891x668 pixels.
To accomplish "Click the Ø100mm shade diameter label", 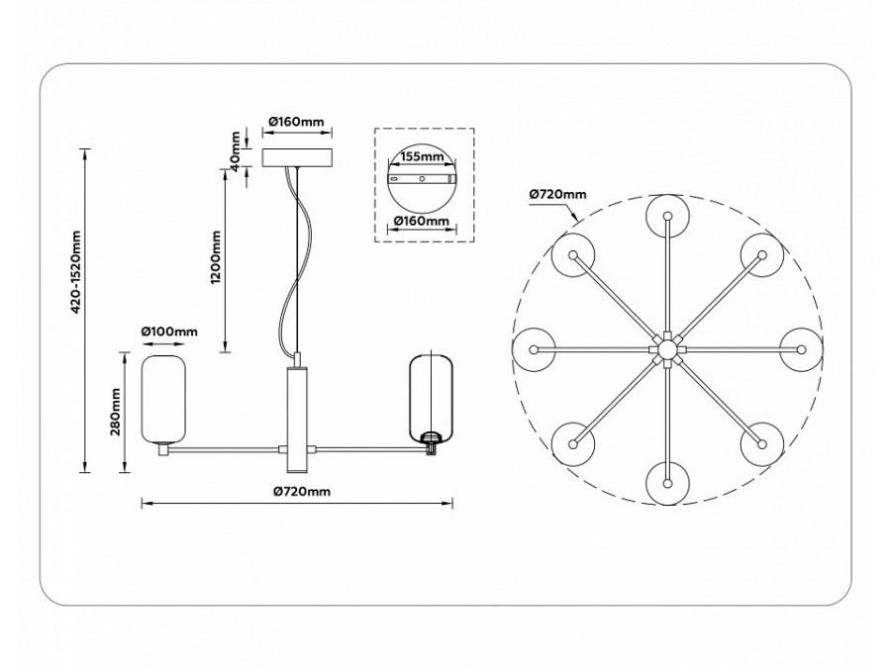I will pyautogui.click(x=169, y=331).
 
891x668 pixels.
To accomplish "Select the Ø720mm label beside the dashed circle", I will pyautogui.click(x=557, y=195).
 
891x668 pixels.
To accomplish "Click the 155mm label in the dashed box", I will pyautogui.click(x=423, y=156).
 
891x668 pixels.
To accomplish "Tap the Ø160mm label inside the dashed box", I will pyautogui.click(x=423, y=221).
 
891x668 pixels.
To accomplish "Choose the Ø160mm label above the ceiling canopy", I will pyautogui.click(x=296, y=122).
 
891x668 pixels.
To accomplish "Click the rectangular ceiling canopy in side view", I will pyautogui.click(x=298, y=158).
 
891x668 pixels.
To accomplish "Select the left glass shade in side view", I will pyautogui.click(x=164, y=398).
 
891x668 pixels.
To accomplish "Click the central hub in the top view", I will pyautogui.click(x=667, y=349).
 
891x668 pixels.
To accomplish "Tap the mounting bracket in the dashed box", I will pyautogui.click(x=423, y=180).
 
